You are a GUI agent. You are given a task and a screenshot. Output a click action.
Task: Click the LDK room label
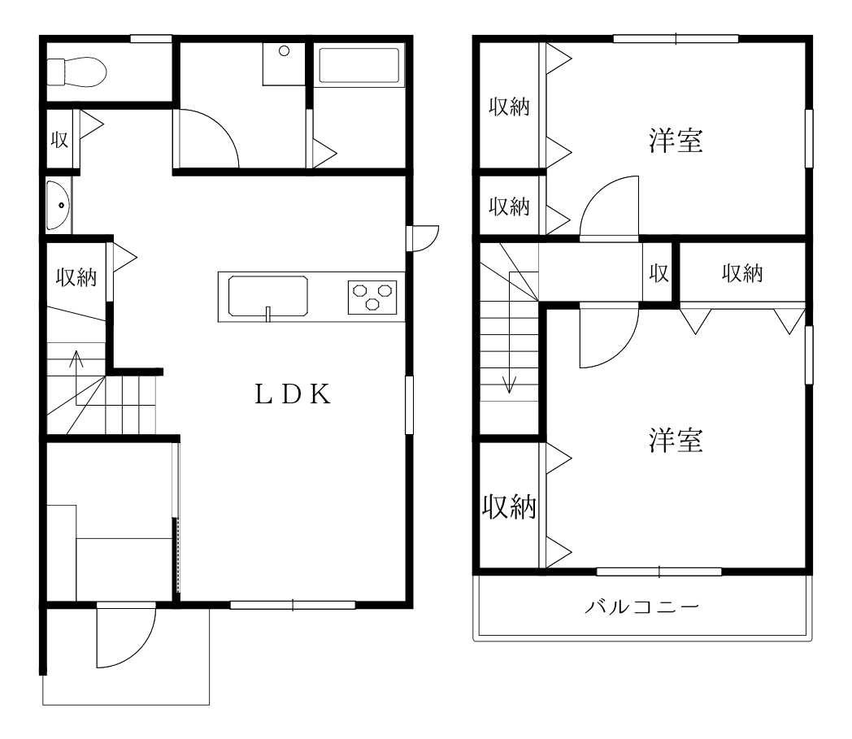(x=293, y=394)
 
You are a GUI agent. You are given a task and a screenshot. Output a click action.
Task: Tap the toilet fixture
(x=76, y=72)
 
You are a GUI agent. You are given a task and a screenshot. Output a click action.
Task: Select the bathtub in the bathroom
(x=359, y=65)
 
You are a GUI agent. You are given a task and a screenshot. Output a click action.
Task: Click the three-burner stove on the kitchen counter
(x=372, y=298)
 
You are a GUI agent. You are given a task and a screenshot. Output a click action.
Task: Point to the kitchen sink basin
(x=268, y=296)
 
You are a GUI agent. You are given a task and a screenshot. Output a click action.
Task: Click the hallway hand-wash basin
(x=59, y=206)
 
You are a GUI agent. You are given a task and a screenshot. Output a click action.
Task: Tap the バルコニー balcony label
(x=641, y=606)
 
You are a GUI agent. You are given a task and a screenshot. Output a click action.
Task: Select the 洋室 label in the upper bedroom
(x=676, y=140)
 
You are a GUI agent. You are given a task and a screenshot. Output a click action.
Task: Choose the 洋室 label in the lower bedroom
(x=676, y=440)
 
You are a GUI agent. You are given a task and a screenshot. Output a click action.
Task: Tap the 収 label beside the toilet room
(x=59, y=140)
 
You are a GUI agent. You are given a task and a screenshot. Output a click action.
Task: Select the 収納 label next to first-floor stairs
(x=76, y=277)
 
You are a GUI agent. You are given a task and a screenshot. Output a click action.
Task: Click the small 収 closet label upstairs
(x=659, y=273)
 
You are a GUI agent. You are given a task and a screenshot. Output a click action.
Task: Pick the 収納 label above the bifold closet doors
(x=742, y=273)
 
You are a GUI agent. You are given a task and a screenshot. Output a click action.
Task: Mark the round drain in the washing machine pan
(x=284, y=51)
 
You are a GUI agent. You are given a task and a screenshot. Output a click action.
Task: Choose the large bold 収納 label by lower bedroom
(x=509, y=507)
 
